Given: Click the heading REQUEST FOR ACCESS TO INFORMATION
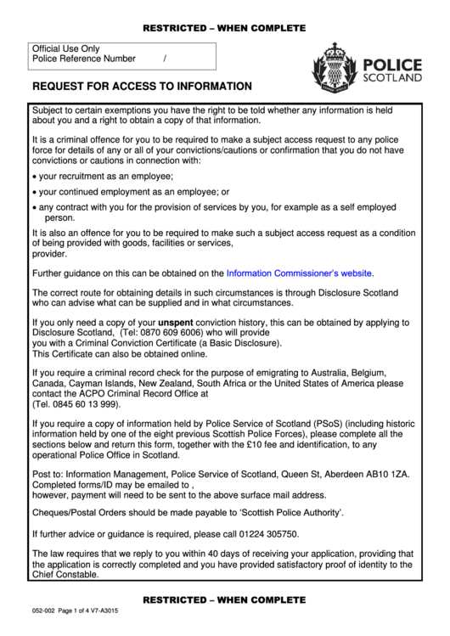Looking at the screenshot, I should click(142, 86).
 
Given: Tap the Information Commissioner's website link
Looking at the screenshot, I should click(299, 273).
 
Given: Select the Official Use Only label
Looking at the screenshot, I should click(65, 49).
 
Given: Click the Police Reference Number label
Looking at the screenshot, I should click(83, 59).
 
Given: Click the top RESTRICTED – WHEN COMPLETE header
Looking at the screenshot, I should click(224, 28).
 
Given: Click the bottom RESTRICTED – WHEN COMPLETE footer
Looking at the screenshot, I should click(224, 599).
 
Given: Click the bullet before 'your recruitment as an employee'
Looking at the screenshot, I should click(33, 177).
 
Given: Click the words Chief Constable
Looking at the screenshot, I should click(65, 574).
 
